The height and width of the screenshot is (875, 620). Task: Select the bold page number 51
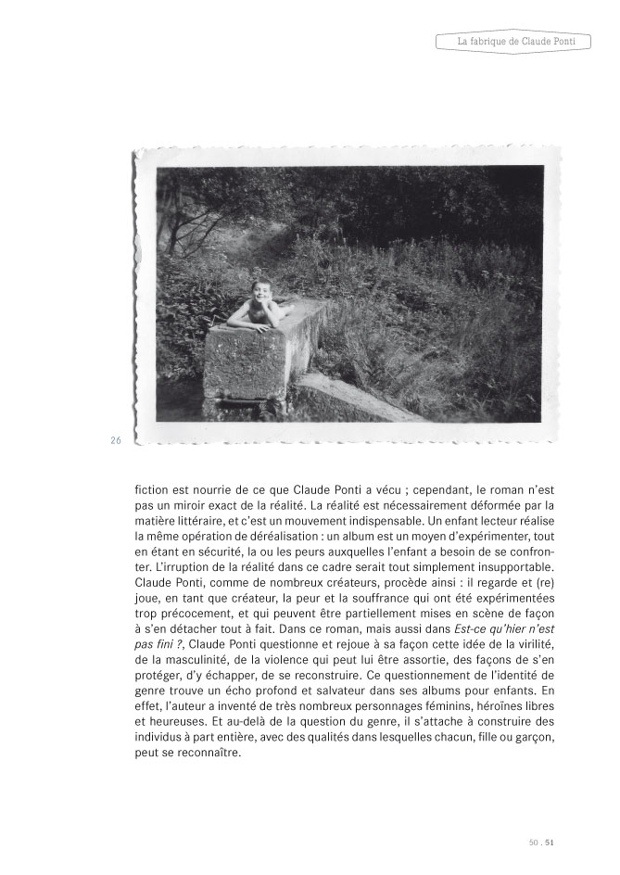[550, 842]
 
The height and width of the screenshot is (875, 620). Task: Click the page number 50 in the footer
[533, 842]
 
